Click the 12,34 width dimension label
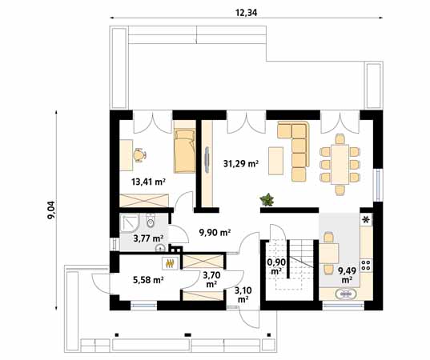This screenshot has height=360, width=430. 246,13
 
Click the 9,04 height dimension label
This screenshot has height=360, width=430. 51,210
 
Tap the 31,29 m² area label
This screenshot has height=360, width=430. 241,164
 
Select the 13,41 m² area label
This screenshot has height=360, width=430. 148,182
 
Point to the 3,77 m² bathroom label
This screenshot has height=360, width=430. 148,238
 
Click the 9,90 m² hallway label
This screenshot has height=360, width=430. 215,233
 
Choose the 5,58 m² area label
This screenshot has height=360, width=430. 148,280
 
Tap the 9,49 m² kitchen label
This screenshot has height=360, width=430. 347,275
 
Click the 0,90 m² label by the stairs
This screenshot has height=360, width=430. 276,266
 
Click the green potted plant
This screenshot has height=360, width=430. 267,199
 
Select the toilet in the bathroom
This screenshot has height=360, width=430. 151,221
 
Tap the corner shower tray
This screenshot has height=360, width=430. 131,223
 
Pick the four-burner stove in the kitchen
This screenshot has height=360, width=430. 366,266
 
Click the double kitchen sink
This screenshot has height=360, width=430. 346,294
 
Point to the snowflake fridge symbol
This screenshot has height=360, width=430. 366,220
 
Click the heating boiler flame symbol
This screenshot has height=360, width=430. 170,263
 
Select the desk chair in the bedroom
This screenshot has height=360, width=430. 139,155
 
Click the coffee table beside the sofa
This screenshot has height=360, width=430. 275,161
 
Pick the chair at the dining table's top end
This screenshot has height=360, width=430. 340,139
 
